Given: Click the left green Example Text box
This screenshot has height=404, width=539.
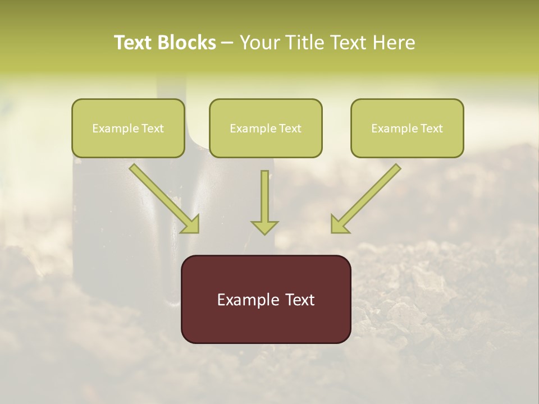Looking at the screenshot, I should point(128,128).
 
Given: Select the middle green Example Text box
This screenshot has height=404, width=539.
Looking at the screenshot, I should point(266,128).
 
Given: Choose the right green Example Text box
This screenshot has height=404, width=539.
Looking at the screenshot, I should point(407,128).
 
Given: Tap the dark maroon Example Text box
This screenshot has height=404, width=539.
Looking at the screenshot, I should point(266,299).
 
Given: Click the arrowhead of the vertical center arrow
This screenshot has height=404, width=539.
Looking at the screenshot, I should point(264,227).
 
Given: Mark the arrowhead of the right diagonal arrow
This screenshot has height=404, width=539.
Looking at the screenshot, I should point(339,224).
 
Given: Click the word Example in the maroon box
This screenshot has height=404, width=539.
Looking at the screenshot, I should point(245,300).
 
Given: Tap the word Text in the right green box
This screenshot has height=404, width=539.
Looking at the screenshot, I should point(431,128).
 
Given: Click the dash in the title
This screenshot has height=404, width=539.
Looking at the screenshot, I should point(227,43).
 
